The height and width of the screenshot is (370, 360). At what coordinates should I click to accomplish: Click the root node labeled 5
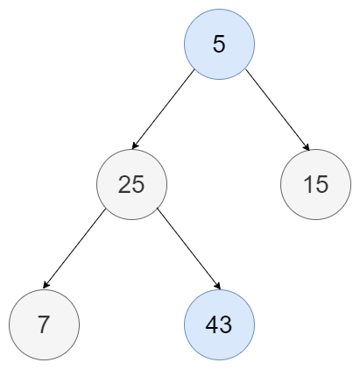click(219, 44)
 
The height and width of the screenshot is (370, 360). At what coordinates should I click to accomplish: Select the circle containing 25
click(132, 184)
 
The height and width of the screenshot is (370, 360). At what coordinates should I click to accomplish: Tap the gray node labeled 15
click(315, 184)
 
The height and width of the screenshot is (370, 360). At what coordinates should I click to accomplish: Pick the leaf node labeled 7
click(44, 324)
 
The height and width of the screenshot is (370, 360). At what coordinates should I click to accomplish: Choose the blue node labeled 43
click(219, 324)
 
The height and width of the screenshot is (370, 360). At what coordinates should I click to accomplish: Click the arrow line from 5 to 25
click(163, 109)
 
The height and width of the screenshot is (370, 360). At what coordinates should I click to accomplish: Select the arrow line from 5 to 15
click(277, 110)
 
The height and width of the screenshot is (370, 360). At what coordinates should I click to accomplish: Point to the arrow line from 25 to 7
click(74, 249)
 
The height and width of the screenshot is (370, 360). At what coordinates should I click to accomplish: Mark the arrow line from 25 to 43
click(188, 249)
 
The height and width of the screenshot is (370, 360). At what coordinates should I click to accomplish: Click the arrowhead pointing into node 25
click(135, 146)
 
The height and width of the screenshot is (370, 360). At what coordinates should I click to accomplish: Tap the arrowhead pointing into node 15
click(307, 147)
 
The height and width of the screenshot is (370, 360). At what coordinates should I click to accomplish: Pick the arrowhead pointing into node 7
click(46, 285)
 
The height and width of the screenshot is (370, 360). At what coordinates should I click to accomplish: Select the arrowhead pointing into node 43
click(217, 286)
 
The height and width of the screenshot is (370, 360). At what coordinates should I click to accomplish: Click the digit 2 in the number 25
click(124, 184)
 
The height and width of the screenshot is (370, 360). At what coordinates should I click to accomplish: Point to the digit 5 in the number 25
click(138, 185)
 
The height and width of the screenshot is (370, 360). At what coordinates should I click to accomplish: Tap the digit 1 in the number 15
click(308, 184)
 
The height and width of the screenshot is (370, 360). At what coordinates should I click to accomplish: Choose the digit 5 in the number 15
click(321, 185)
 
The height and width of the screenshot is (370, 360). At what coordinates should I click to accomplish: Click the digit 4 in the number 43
click(212, 324)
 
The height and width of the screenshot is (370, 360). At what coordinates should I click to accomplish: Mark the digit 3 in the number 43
click(226, 324)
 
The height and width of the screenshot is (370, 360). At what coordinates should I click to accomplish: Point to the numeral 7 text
click(44, 324)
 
